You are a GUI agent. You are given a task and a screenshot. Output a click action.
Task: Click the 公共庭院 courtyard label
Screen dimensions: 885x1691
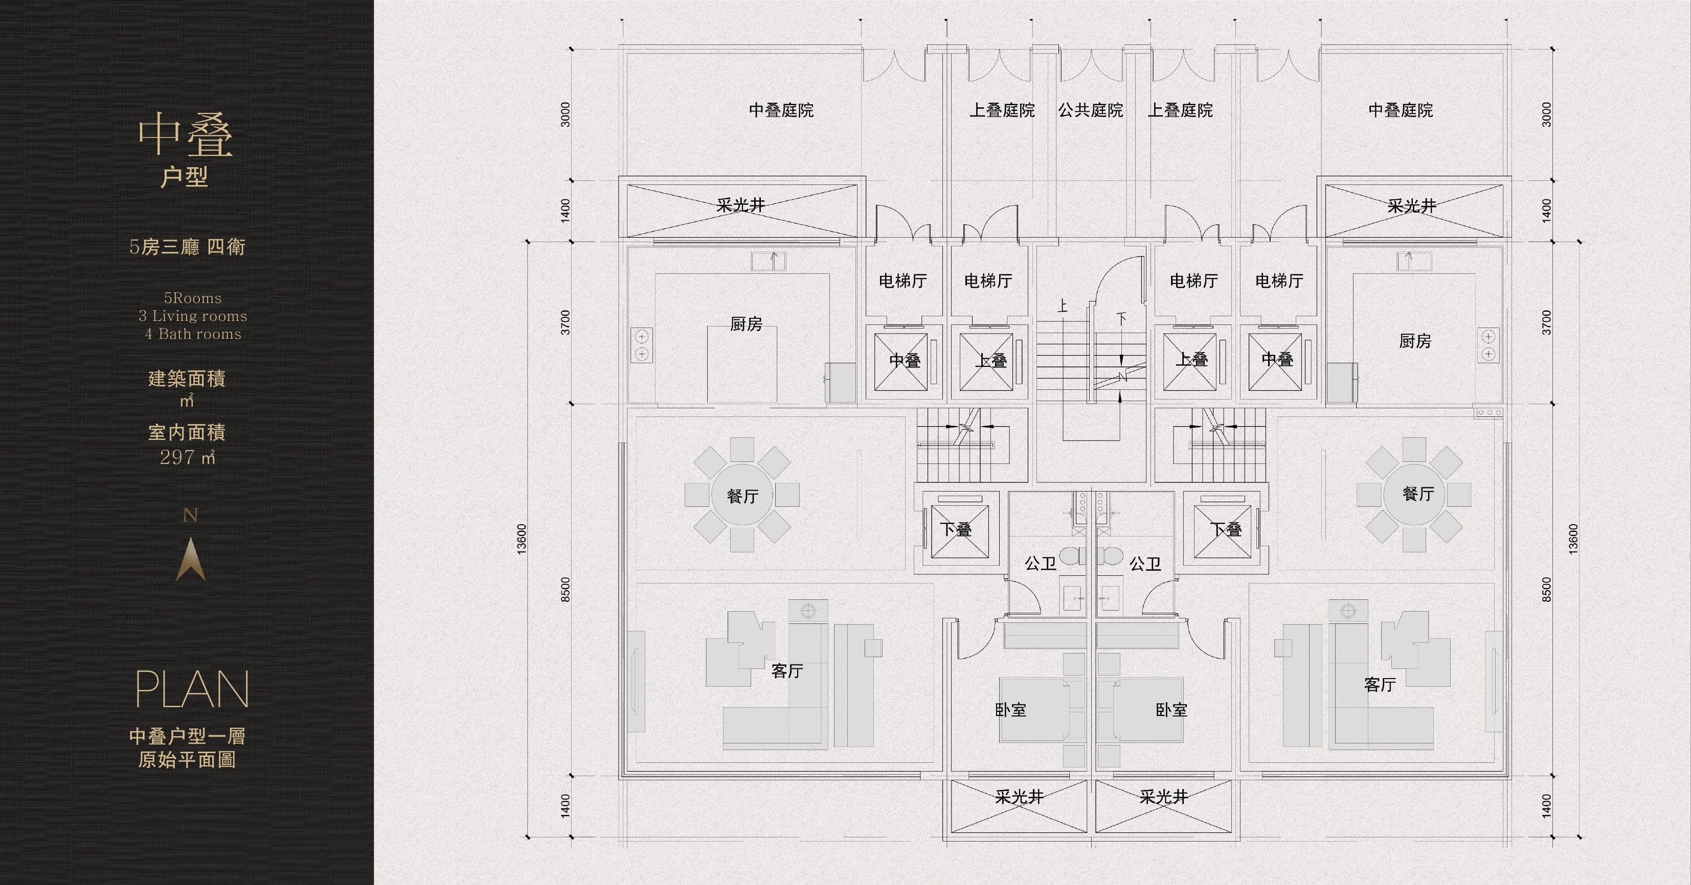(x=1090, y=110)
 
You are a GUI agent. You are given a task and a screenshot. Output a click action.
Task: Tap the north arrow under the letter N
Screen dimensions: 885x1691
(x=191, y=559)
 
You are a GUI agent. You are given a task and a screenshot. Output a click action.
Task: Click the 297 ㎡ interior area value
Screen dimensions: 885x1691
(x=187, y=457)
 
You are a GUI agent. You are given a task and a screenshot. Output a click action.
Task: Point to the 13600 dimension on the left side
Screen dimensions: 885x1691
(x=522, y=539)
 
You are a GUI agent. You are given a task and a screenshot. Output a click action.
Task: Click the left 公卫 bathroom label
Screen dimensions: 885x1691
(x=1041, y=563)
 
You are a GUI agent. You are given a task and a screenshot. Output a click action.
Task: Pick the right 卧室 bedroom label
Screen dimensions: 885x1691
(x=1171, y=710)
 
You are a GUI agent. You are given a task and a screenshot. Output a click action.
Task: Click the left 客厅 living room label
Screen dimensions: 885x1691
(x=787, y=670)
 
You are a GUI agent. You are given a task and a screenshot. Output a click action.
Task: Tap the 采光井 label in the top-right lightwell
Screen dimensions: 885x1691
(x=1412, y=206)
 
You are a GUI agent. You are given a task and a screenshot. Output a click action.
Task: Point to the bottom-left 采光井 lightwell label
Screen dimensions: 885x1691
(x=1019, y=797)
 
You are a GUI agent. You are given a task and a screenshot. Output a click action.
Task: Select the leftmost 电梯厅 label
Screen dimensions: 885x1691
(x=903, y=281)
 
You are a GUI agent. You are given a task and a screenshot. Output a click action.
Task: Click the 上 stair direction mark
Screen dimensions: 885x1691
(x=1063, y=306)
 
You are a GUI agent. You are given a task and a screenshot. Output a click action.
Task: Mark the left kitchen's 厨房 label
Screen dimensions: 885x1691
(x=747, y=323)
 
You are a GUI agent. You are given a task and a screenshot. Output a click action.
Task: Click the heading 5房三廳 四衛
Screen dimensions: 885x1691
(x=187, y=247)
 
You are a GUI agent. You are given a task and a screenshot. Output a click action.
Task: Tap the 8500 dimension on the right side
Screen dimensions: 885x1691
(x=1546, y=589)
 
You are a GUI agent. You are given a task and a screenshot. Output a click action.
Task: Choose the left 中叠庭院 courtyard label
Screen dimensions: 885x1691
(x=781, y=110)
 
